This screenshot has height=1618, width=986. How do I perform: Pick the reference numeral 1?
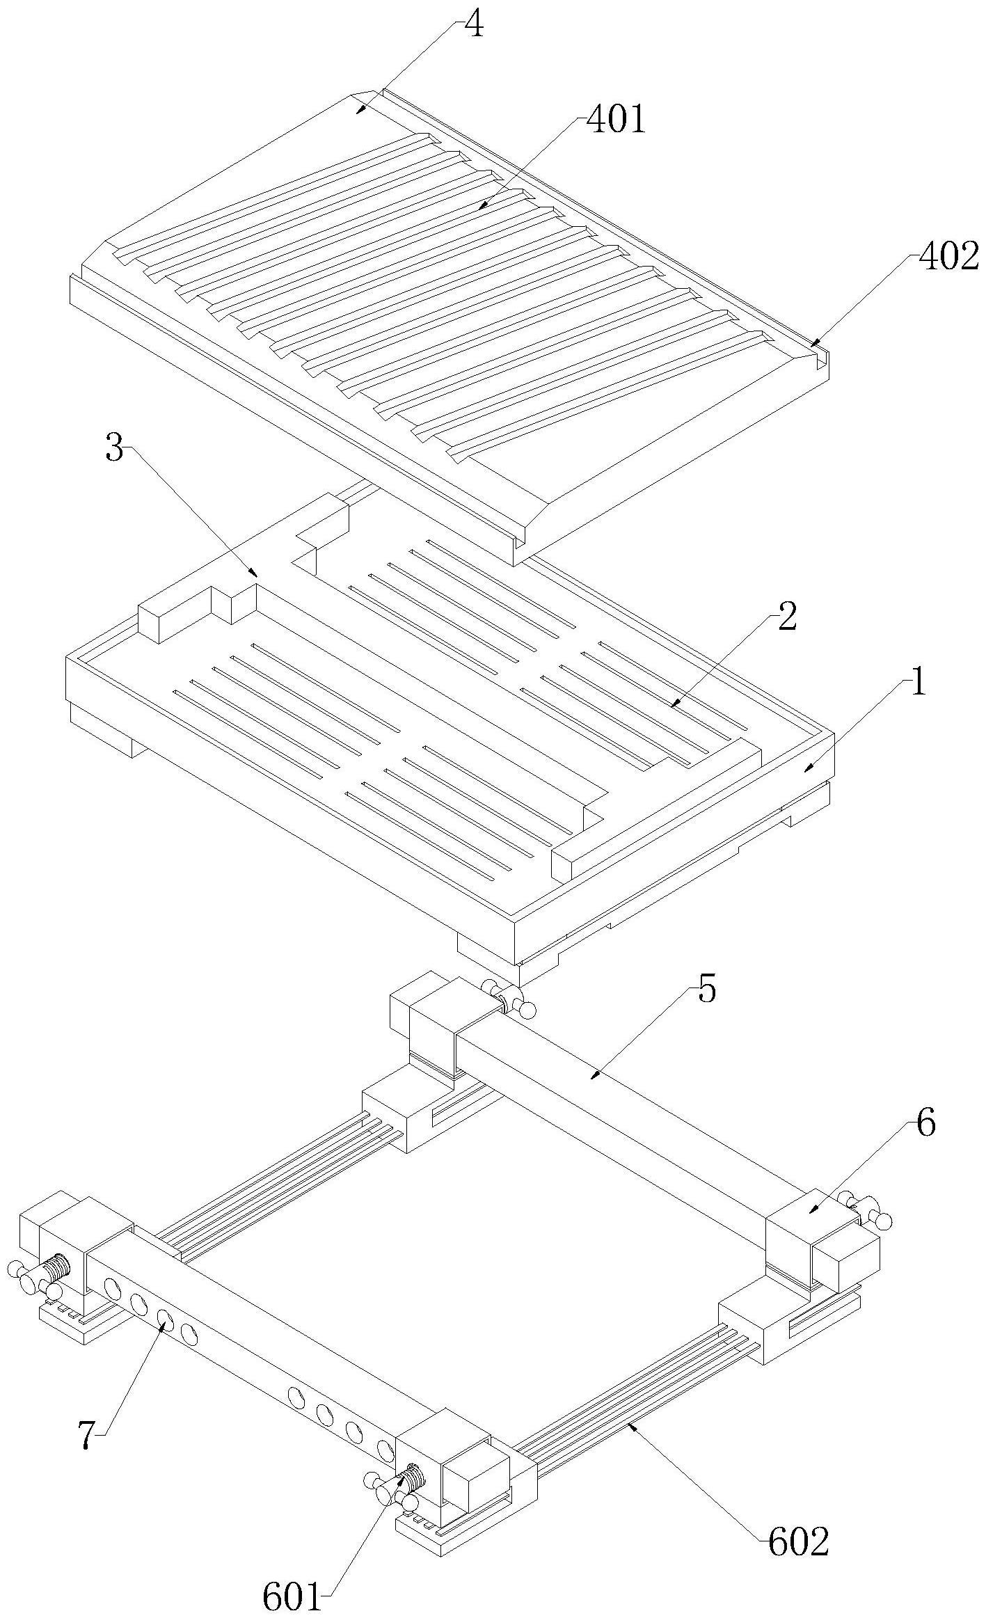click(919, 684)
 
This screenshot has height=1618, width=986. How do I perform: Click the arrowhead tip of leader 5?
click(591, 1079)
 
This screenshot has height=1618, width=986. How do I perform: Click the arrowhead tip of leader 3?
click(258, 576)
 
